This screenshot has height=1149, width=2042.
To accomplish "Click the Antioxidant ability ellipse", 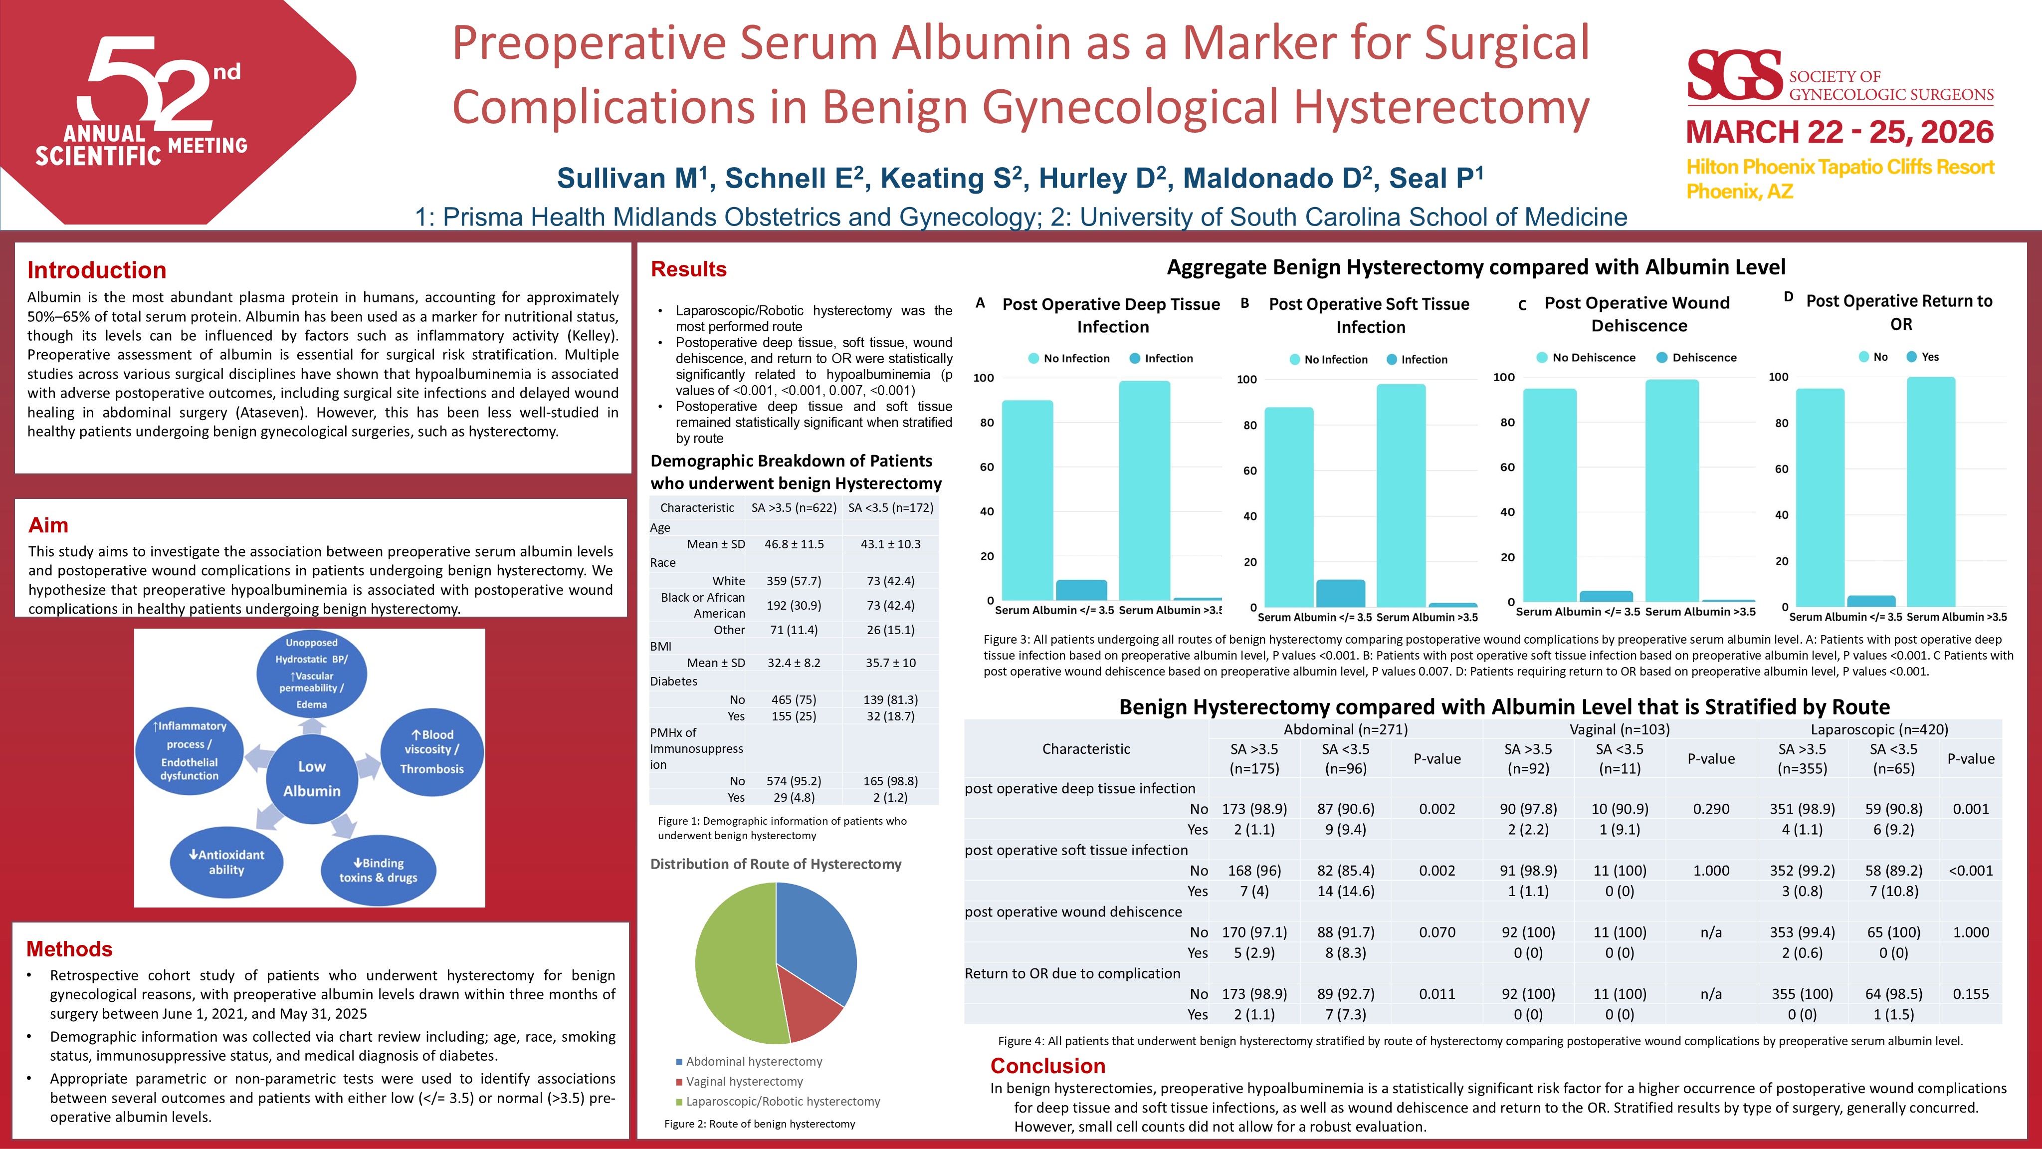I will [x=227, y=862].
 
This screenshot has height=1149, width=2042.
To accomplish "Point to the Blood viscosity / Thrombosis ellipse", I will [x=432, y=751].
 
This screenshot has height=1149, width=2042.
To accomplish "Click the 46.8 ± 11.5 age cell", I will [x=794, y=544].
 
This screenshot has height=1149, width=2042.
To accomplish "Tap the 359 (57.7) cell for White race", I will [x=794, y=580].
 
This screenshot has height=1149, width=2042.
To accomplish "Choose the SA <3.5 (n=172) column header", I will [x=890, y=507].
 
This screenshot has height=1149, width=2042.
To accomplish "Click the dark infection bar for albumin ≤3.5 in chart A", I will [x=1081, y=590].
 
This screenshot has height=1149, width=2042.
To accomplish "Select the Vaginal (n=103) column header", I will [x=1620, y=729].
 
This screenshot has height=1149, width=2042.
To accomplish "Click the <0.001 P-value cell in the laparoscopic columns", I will [x=1971, y=871].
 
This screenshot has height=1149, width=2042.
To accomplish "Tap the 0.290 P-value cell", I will [x=1711, y=809].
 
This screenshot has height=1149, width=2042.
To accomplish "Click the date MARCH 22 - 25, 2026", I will [x=1839, y=132].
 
